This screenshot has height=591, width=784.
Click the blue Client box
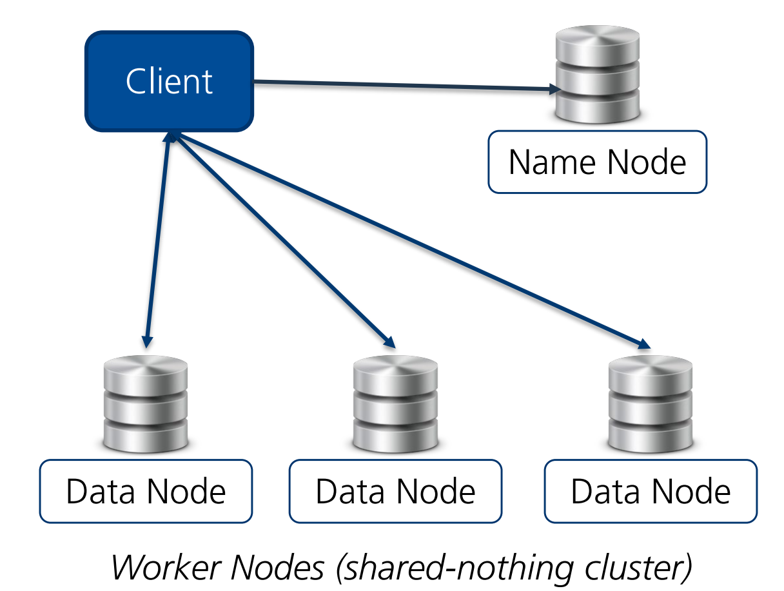[x=169, y=81]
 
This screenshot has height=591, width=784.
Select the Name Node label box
[x=597, y=162]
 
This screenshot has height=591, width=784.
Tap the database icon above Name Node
[x=597, y=75]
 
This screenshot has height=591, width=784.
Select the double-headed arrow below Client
[x=158, y=238]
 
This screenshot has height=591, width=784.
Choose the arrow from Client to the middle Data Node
[x=284, y=238]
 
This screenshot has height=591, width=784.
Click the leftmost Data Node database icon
[x=146, y=404]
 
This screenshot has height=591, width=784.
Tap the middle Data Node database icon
[x=395, y=404]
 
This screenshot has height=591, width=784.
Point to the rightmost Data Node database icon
[x=651, y=404]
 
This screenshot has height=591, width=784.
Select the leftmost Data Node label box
[x=146, y=491]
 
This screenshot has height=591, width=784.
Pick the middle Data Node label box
[x=395, y=491]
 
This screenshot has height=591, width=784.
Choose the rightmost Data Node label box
[x=651, y=491]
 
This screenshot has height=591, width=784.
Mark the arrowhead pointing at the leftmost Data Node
[x=148, y=339]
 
